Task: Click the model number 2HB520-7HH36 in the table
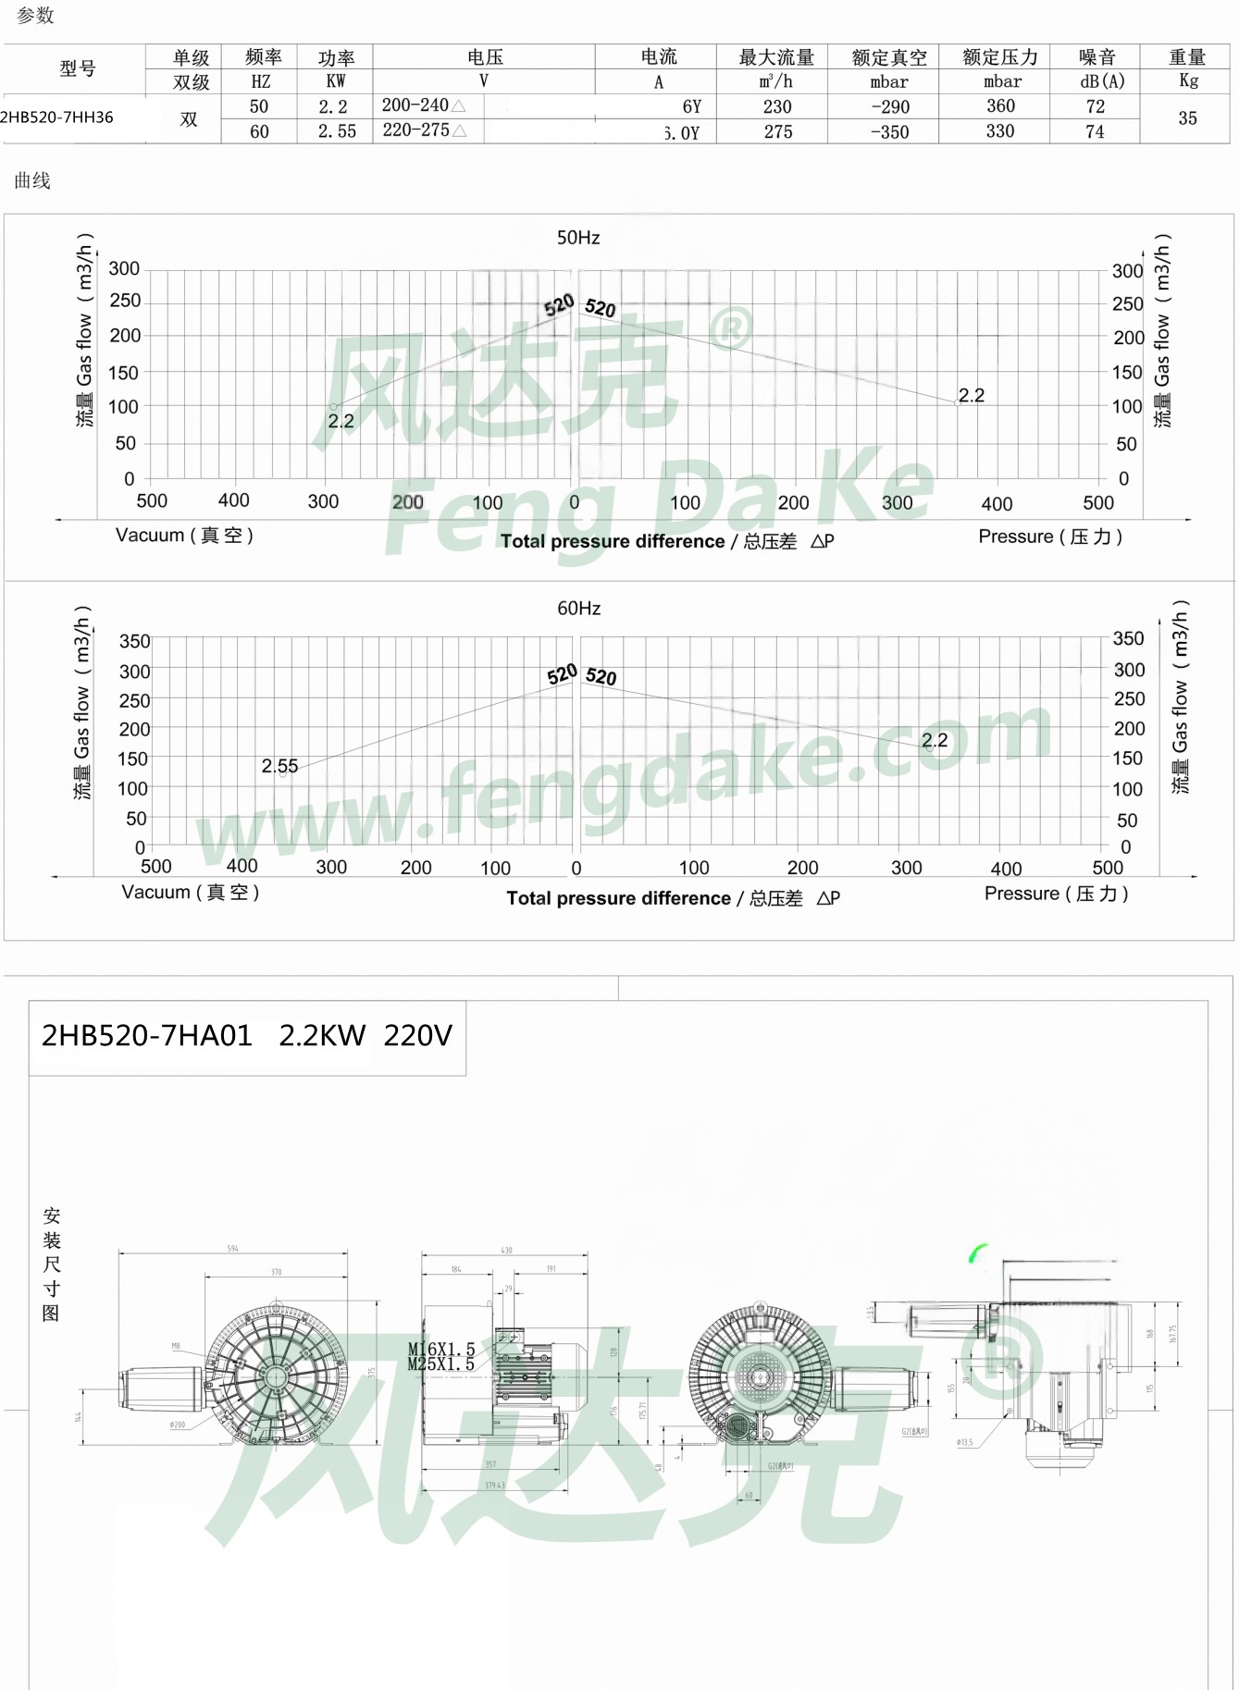point(57,117)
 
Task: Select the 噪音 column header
point(1097,57)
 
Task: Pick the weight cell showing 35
point(1187,118)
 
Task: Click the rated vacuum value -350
point(889,132)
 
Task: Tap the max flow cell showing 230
point(777,106)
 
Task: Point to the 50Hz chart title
point(578,238)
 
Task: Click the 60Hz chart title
point(579,608)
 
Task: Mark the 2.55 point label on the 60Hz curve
point(279,766)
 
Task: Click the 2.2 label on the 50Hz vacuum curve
point(341,421)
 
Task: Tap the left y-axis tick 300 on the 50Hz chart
point(124,269)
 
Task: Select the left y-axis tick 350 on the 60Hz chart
point(134,641)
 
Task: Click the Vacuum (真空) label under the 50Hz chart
point(184,536)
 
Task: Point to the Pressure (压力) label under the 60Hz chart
point(1056,894)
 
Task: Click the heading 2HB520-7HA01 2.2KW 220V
point(247,1036)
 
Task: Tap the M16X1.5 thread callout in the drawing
point(440,1350)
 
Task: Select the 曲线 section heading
point(32,180)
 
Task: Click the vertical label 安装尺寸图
point(52,1264)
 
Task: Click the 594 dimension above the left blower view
point(233,1249)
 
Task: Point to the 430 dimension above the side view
point(506,1250)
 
